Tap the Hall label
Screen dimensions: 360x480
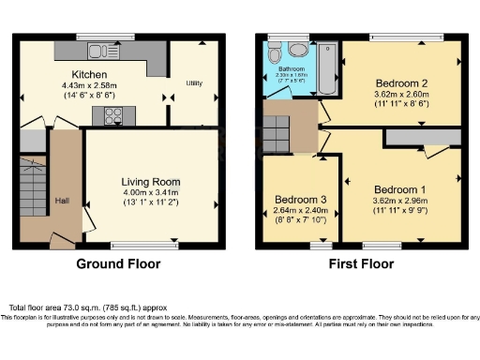[62, 201]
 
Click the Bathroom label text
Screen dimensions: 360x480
[292, 69]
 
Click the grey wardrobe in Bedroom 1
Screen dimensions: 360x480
[421, 139]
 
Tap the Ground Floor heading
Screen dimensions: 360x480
[119, 264]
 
